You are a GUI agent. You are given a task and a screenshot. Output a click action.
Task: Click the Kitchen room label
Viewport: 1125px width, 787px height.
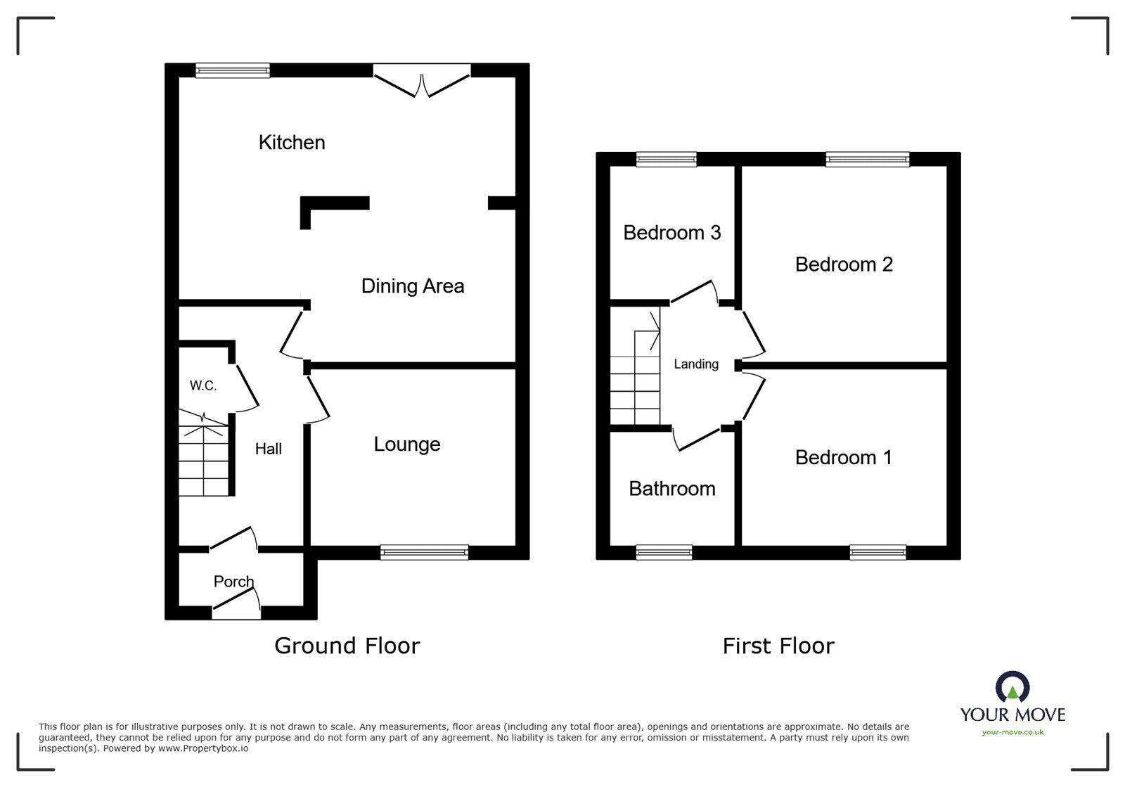tap(292, 143)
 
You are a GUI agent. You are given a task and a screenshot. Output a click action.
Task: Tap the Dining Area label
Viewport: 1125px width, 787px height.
tap(412, 286)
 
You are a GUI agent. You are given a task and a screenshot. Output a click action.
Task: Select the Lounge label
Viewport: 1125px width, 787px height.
tap(406, 444)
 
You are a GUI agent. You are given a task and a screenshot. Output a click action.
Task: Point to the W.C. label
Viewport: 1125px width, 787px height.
tap(203, 385)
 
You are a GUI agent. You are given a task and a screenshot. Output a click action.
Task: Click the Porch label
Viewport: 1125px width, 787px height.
tap(233, 582)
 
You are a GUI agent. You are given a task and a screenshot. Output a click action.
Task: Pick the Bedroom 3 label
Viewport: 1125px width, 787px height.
tap(671, 233)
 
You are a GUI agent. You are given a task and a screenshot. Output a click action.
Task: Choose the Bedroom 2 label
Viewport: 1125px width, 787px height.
tap(843, 264)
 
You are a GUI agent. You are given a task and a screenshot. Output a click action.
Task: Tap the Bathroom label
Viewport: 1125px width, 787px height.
tap(671, 489)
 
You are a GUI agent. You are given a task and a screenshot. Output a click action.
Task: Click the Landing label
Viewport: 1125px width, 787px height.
tap(696, 364)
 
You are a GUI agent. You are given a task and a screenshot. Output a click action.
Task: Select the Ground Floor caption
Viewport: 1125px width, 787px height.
tap(347, 646)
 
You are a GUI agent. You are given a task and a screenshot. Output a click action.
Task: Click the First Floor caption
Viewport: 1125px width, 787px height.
tap(778, 646)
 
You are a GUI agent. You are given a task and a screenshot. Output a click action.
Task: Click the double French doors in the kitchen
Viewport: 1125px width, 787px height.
tap(421, 79)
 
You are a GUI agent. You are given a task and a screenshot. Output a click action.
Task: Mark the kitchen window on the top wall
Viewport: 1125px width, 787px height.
tap(232, 70)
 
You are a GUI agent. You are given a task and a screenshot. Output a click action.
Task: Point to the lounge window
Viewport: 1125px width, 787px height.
tap(424, 553)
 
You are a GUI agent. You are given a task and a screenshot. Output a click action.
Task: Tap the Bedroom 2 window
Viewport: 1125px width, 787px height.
tap(867, 160)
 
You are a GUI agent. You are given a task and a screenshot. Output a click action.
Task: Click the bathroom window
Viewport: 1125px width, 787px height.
tap(664, 553)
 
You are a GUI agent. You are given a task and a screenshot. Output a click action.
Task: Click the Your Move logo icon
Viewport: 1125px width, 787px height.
tap(1012, 687)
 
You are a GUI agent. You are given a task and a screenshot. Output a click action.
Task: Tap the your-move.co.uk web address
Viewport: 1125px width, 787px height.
tap(1012, 732)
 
